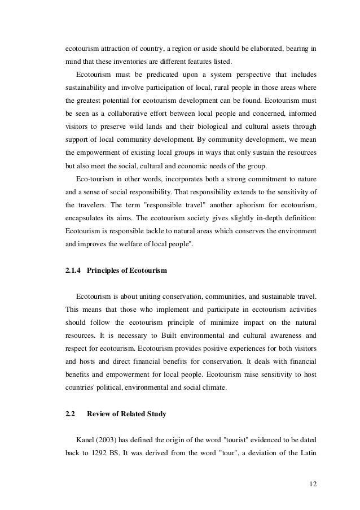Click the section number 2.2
(71, 414)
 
